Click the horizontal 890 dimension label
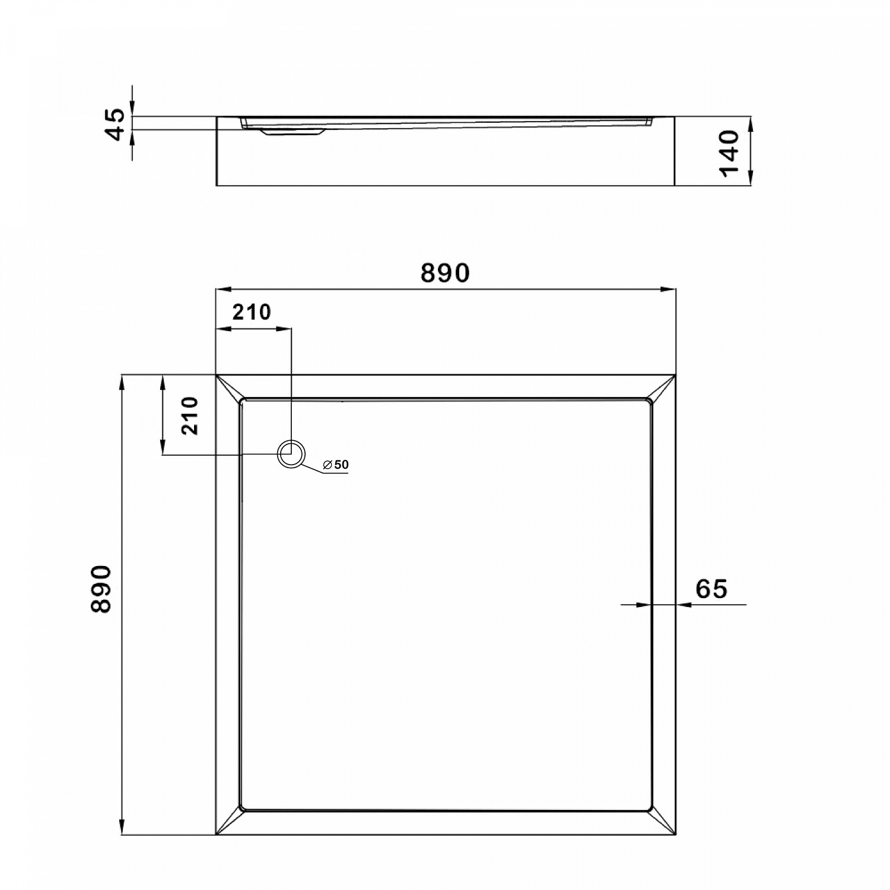click(x=445, y=273)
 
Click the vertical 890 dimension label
click(x=101, y=589)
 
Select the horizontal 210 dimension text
click(x=252, y=311)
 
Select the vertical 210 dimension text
click(x=190, y=416)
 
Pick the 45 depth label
click(x=117, y=124)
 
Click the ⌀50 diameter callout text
click(x=336, y=465)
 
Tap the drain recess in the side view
click(x=291, y=132)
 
